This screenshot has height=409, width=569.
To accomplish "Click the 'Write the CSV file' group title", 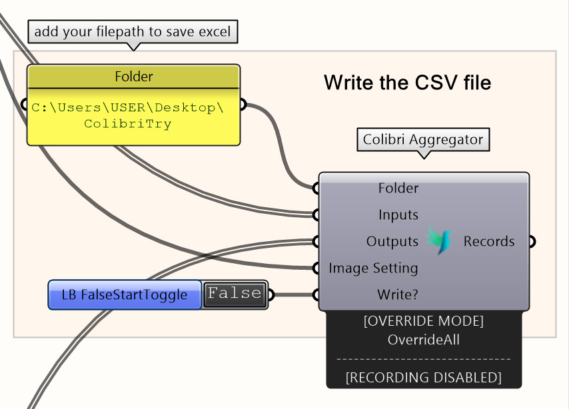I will tap(407, 83).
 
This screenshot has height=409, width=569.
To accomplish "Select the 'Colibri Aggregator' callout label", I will tap(422, 140).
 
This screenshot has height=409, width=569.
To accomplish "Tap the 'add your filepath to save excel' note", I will tap(133, 31).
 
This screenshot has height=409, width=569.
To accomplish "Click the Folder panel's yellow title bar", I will tap(133, 77).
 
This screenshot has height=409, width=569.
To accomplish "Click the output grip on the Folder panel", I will tap(243, 105).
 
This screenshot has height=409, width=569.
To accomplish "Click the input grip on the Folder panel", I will tap(25, 105).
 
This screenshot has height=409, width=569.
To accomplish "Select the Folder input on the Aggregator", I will tap(398, 189).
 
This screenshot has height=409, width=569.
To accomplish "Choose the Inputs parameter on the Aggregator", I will tap(398, 215).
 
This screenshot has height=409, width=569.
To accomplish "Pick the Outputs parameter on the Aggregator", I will tap(392, 242).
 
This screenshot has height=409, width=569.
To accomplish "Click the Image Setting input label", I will tap(373, 268).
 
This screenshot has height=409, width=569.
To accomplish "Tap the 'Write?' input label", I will tap(398, 294).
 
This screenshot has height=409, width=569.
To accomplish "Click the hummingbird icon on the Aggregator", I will tap(440, 241).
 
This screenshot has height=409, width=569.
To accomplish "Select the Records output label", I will tap(488, 242).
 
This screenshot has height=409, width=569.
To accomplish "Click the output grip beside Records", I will tap(532, 242).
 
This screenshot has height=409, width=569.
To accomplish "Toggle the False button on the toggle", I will tap(235, 294).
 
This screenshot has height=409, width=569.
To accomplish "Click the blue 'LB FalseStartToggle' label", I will tap(125, 294).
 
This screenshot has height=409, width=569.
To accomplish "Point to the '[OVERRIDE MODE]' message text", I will tap(423, 322).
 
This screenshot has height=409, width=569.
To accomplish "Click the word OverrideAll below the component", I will tap(423, 340).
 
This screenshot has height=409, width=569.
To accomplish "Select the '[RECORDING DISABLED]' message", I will tap(423, 378).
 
